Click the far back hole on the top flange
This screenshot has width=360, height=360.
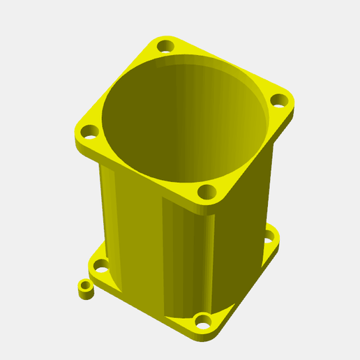165,47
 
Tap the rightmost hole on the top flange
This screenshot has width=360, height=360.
279,100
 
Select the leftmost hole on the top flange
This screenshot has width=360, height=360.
89,131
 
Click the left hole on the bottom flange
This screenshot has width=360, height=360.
101,265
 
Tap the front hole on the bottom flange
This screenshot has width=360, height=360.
203,322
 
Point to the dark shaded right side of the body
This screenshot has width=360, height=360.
241,223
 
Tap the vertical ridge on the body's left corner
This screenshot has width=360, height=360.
108,209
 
